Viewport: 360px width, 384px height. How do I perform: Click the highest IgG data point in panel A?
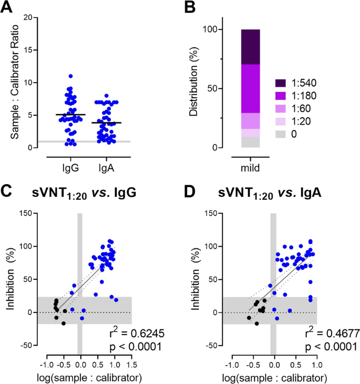point(70,76)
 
